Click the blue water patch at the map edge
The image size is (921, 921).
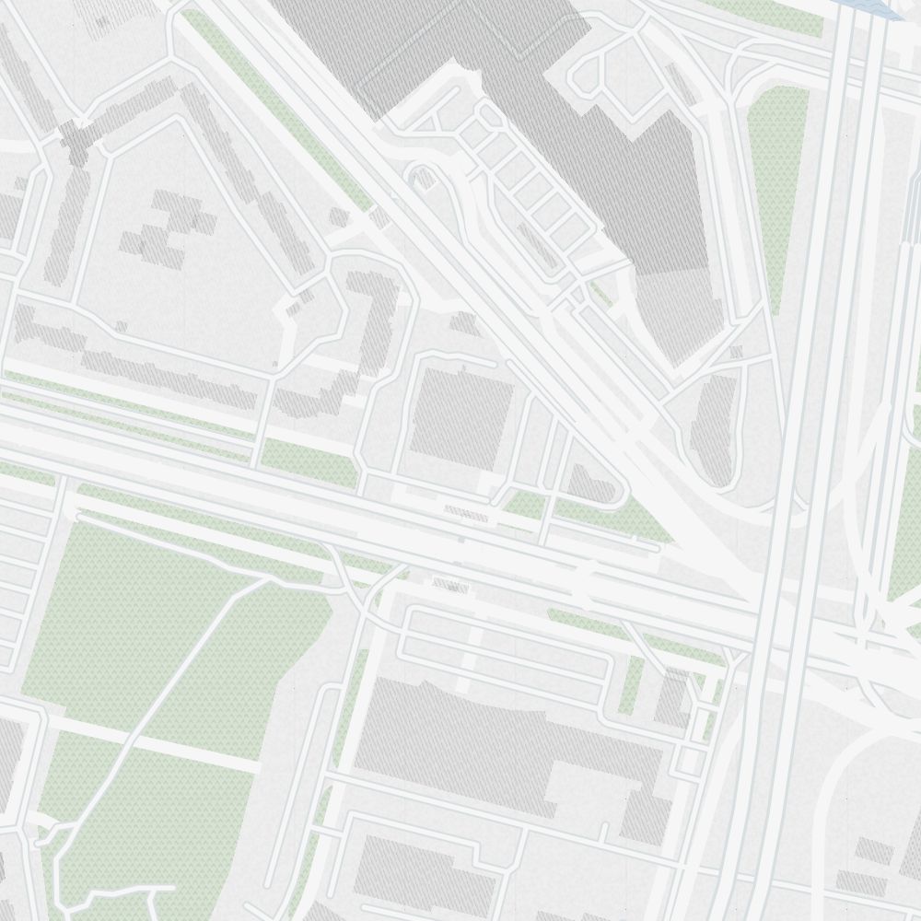(875, 7)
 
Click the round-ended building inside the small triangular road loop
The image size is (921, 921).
(589, 484)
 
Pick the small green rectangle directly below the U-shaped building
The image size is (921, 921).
(309, 460)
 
